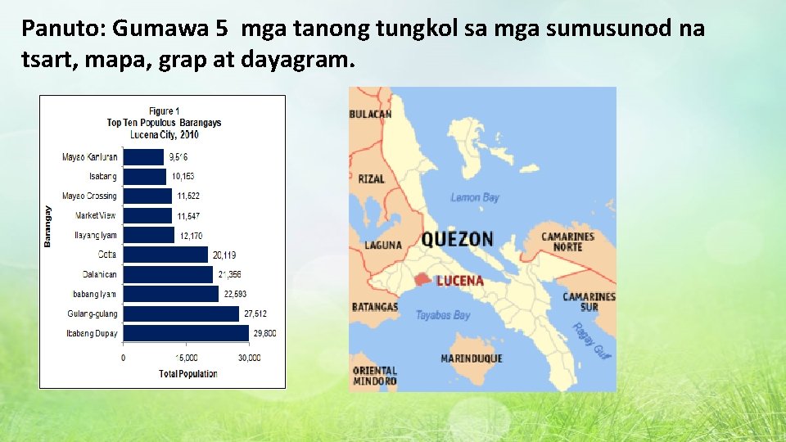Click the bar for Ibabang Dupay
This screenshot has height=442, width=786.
point(186,333)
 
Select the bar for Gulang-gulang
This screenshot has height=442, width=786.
point(181,313)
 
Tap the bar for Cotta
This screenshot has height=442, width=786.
point(165,255)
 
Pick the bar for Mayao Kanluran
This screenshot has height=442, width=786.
point(143,156)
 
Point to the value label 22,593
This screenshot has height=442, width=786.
point(235,294)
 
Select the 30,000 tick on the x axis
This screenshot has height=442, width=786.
point(249,358)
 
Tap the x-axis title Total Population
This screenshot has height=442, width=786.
point(187,374)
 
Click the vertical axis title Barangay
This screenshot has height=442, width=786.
point(48,227)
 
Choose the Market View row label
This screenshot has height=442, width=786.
point(96,215)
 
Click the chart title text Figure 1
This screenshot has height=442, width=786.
point(165,110)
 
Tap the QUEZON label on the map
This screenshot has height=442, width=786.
point(457,239)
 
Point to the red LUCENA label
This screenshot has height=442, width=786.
point(460,281)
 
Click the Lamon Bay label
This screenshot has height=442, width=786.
point(475,197)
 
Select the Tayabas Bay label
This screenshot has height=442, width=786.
point(442,315)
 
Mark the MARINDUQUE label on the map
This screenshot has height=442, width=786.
point(472,359)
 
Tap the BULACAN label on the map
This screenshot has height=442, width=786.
point(370,115)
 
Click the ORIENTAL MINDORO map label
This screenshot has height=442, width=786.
point(375,376)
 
